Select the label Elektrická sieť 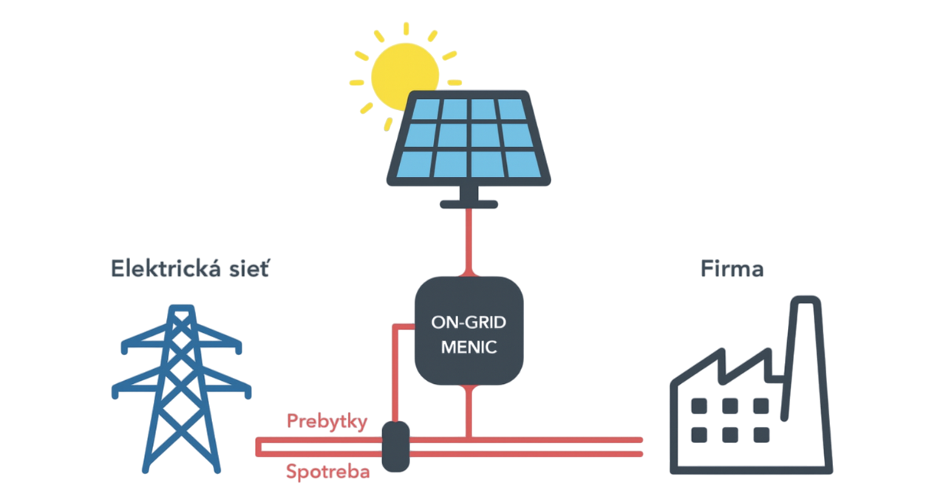(189, 269)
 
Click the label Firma (732, 269)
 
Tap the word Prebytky (327, 422)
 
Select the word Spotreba (327, 471)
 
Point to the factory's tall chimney (806, 340)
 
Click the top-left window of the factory (698, 405)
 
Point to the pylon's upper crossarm (181, 342)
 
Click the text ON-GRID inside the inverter (469, 323)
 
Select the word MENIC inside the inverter (469, 346)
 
